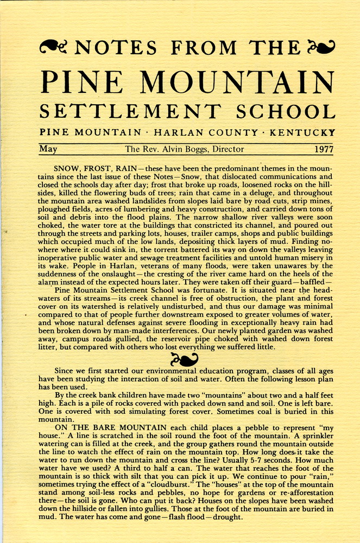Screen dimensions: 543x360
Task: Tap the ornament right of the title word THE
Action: click(321, 47)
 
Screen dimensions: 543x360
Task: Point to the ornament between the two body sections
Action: click(184, 359)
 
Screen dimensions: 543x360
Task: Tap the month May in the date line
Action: click(48, 149)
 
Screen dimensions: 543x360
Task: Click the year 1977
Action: click(324, 149)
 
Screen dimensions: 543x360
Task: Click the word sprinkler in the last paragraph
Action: click(309, 439)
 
